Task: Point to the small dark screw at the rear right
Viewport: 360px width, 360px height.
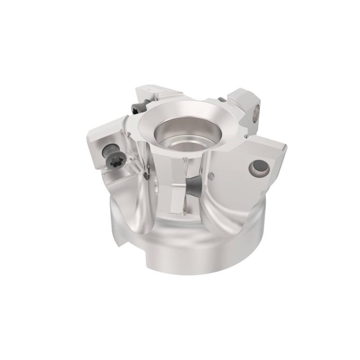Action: coord(221,100)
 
